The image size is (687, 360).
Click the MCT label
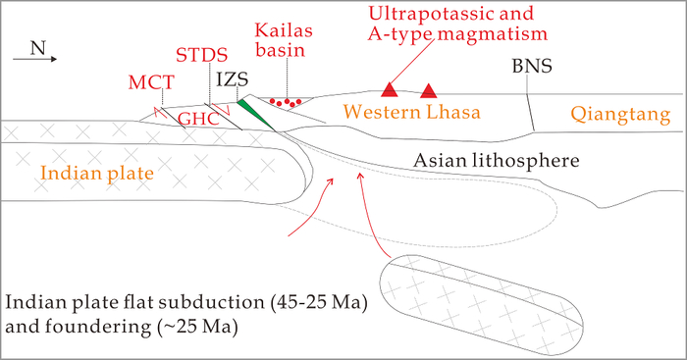[x=151, y=82]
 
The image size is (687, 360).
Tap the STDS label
[x=201, y=55]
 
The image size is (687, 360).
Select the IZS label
[x=233, y=79]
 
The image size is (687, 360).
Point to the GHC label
[x=198, y=119]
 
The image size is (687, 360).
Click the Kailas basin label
[x=284, y=40]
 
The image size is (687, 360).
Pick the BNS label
[x=532, y=66]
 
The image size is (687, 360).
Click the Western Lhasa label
[x=411, y=112]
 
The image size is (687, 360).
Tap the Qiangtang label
[x=620, y=115]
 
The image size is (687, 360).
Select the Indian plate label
[x=97, y=173]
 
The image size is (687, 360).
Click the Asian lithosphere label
[x=496, y=160]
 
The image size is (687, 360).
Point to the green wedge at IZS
[x=255, y=115]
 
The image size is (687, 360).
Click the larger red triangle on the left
[x=389, y=89]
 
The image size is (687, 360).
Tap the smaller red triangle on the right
[x=429, y=90]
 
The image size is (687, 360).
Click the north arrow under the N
[x=35, y=59]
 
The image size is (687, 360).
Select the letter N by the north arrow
[x=38, y=48]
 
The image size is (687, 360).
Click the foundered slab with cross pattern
[x=481, y=305]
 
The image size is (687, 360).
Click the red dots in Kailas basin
[x=286, y=102]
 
